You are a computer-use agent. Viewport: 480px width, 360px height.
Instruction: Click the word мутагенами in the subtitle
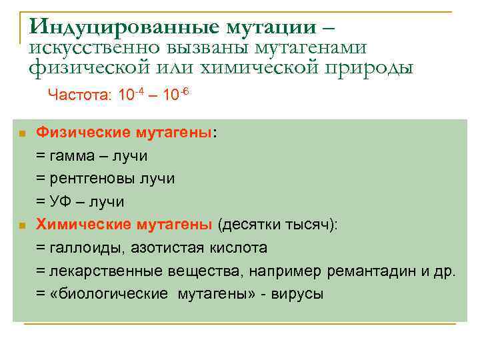pos(317,47)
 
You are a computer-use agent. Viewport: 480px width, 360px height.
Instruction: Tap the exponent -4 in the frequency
pos(139,91)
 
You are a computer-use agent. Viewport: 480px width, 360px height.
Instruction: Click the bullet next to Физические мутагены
pos(21,134)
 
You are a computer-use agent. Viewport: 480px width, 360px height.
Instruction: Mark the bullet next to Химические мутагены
pos(21,225)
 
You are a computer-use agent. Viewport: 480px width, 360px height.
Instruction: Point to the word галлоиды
pos(81,248)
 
